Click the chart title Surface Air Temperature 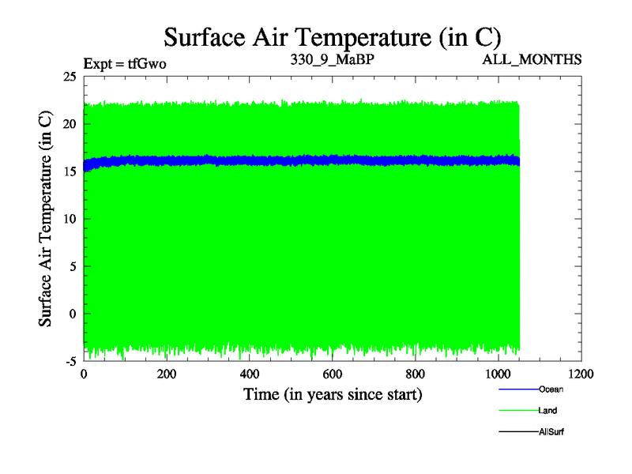[x=332, y=36]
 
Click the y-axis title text [x=47, y=219]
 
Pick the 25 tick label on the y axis [x=69, y=77]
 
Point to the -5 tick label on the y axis [x=70, y=361]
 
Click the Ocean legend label [x=551, y=389]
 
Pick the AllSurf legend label [x=551, y=431]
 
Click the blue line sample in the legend [x=518, y=389]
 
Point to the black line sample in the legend [x=518, y=432]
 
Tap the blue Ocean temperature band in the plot [x=316, y=160]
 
